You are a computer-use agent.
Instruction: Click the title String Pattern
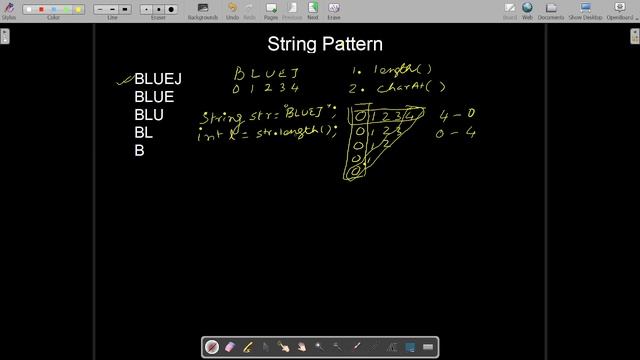coord(325,44)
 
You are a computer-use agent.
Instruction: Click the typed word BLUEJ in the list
coord(158,79)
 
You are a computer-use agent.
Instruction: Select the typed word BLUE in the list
coord(154,97)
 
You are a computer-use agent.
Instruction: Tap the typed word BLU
coord(149,115)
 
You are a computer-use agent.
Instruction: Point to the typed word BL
coord(144,133)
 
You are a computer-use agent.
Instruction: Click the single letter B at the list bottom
coord(139,151)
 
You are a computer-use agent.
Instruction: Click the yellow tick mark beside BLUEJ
coord(125,78)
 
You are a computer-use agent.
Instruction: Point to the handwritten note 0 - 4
coord(455,132)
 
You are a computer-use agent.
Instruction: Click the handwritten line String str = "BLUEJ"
coord(268,117)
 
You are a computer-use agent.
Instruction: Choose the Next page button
coord(313,11)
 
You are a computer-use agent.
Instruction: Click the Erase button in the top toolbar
coord(334,11)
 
